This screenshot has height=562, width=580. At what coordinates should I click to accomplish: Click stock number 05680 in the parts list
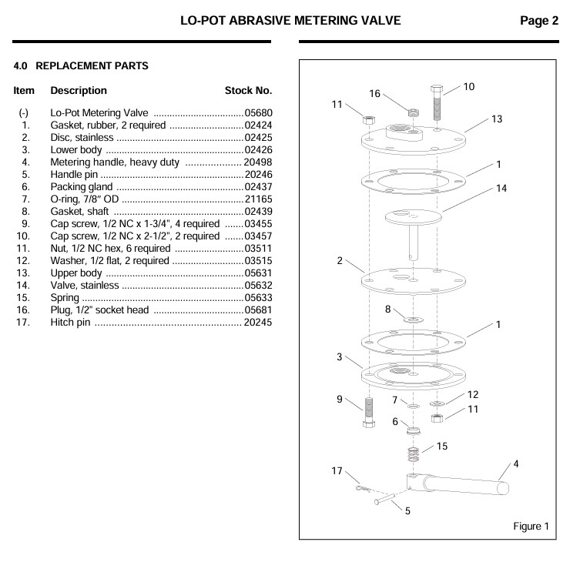click(258, 112)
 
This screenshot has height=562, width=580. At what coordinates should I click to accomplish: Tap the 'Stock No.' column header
click(248, 90)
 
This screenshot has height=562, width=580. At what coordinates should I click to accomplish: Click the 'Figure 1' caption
click(531, 527)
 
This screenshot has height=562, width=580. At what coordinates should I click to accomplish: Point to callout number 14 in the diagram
click(502, 190)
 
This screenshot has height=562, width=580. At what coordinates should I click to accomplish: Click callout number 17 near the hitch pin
click(336, 470)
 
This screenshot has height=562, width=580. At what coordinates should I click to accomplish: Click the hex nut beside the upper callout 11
click(368, 120)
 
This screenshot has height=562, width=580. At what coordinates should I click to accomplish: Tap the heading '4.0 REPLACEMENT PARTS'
click(81, 66)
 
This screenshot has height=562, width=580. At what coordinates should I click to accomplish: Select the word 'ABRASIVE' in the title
click(295, 21)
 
